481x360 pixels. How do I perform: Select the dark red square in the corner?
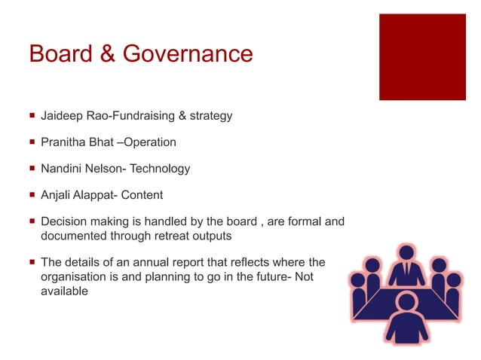click(422, 58)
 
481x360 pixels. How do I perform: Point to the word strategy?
click(211, 116)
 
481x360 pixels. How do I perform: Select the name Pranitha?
click(63, 142)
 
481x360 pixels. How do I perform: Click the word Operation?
click(150, 142)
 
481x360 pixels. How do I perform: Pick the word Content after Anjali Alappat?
click(142, 196)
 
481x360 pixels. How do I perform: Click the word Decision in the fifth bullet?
click(63, 222)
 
